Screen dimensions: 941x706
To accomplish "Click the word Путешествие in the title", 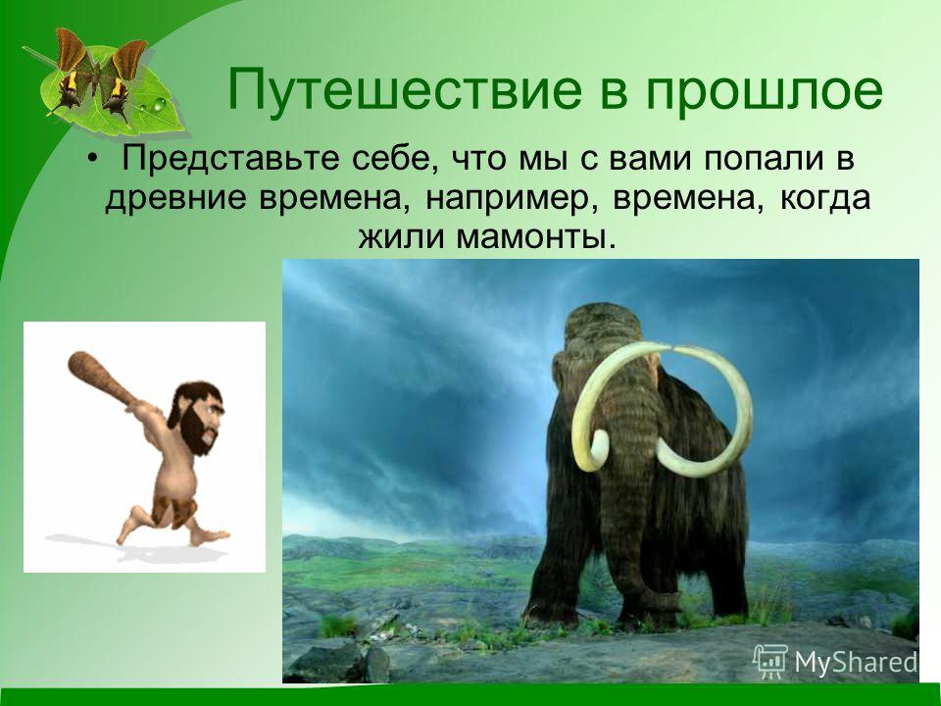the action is point(405,91).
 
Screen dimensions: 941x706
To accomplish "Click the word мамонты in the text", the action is point(536,237).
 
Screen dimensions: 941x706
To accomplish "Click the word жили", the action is point(402,237).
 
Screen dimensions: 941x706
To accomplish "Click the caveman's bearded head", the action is point(196,418).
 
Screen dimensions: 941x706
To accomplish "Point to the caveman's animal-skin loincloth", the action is point(174,510).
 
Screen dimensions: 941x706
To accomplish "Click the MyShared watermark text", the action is point(856,662).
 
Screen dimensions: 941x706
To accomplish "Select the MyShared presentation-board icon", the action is point(770,661).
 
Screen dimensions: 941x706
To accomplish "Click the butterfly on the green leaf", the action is point(99,76).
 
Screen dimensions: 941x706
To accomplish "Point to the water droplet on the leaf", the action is point(159,104).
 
